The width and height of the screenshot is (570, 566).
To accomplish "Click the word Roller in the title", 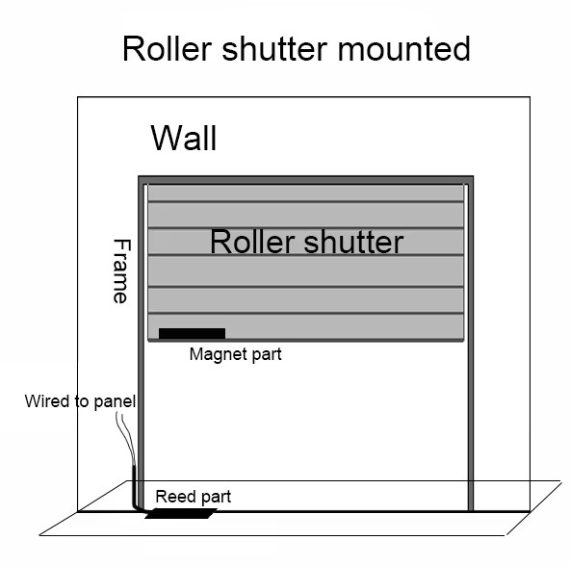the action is (x=168, y=49).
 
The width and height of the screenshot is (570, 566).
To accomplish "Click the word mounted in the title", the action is (x=404, y=49).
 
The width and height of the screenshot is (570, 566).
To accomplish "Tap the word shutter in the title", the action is (x=274, y=49).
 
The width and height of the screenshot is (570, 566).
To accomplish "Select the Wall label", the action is (x=184, y=138).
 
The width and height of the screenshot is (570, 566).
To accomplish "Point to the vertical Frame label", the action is (x=121, y=270).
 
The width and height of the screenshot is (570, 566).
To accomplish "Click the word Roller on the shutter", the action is (x=252, y=242).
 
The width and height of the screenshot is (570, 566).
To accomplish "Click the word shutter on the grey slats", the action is (x=353, y=242).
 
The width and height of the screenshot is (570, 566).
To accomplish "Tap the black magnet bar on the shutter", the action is (x=192, y=333).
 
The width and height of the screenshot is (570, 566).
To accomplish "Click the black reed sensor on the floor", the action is (x=181, y=513).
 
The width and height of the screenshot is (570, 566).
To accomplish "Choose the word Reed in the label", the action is (x=172, y=496).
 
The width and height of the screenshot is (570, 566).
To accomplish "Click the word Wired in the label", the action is (x=47, y=401).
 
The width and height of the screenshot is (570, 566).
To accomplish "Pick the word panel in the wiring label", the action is (x=115, y=401).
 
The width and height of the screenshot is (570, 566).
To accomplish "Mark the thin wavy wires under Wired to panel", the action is (x=126, y=439).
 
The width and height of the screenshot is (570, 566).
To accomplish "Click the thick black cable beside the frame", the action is (x=134, y=489).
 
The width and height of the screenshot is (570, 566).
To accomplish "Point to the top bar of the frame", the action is (x=306, y=180).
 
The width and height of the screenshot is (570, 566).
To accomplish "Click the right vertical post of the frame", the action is (x=471, y=344).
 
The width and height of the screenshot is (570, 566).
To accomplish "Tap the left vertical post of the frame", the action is (x=142, y=344).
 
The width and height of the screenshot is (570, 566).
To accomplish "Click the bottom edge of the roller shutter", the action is (x=306, y=340).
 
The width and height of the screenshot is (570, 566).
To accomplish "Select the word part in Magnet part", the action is (x=267, y=354).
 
